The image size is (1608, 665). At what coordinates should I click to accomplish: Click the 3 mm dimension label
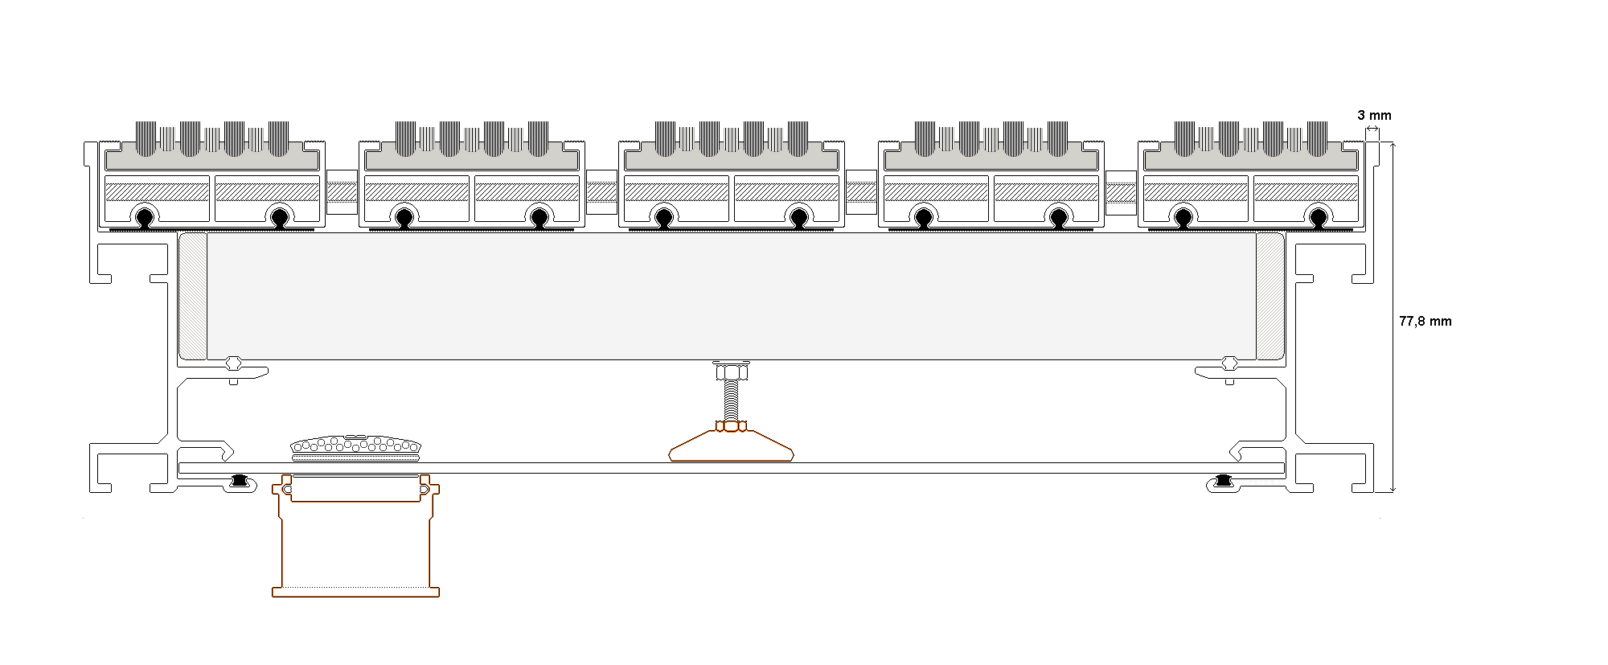[1374, 115]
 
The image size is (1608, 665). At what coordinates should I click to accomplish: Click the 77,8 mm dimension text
[1425, 321]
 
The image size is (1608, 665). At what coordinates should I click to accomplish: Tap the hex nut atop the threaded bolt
[731, 371]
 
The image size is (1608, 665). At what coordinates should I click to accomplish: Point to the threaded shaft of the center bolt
[731, 400]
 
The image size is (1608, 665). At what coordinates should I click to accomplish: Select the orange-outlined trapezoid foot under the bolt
[731, 445]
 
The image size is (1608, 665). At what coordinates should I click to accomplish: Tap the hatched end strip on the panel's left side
[193, 296]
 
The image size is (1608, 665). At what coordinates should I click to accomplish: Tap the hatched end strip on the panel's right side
[1270, 296]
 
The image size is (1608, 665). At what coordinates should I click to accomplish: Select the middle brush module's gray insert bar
[732, 160]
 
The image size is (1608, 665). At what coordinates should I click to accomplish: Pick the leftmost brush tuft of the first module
[146, 138]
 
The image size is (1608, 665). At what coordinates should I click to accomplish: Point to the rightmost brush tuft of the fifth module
[1317, 138]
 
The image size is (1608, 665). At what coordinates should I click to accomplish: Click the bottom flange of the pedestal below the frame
[355, 592]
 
